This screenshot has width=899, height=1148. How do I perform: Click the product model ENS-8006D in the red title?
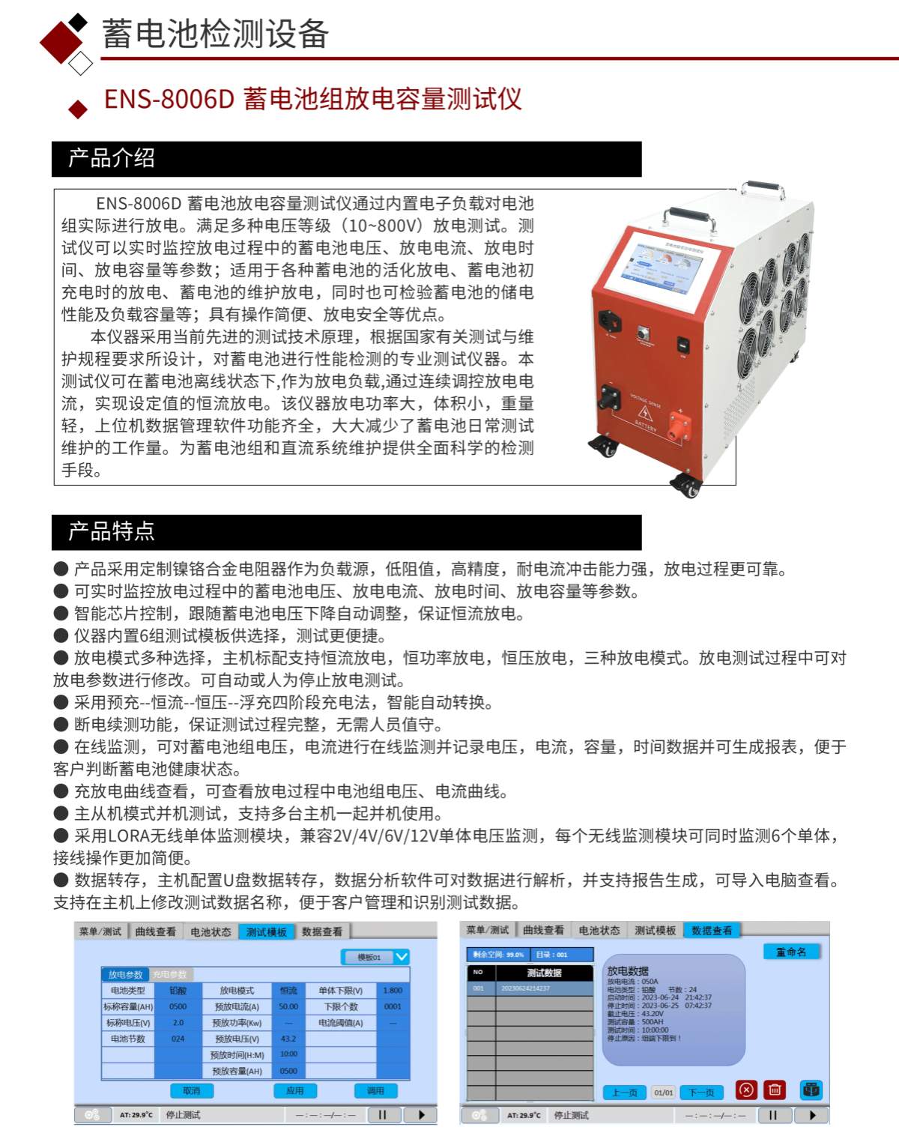[169, 99]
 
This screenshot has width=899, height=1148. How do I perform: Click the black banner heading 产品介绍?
[111, 158]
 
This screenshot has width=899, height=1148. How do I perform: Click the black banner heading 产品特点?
[111, 531]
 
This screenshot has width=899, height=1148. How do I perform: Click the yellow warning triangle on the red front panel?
[646, 413]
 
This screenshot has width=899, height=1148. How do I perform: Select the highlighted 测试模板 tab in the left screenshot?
[266, 931]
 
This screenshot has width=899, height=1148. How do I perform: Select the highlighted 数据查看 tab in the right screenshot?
[712, 930]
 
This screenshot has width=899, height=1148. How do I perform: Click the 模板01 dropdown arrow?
[402, 957]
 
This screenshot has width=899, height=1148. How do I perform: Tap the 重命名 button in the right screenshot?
[791, 952]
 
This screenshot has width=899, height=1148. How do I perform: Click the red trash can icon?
[775, 1090]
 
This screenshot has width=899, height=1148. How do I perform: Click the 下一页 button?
[701, 1093]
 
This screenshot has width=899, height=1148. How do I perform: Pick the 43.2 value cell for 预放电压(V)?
[288, 1039]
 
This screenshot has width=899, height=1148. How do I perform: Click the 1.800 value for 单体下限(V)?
[393, 991]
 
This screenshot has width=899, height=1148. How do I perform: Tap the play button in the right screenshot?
[812, 1115]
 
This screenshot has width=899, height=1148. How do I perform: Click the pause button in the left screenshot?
[383, 1115]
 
